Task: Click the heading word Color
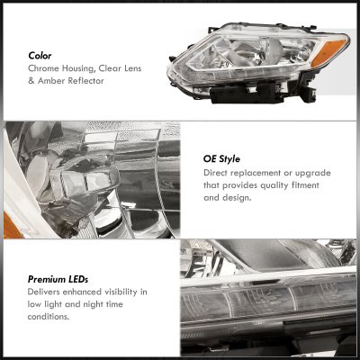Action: [40, 56]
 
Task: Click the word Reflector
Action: [85, 81]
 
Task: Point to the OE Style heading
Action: [221, 159]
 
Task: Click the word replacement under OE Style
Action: [255, 173]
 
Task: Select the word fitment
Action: [305, 185]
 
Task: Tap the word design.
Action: [237, 198]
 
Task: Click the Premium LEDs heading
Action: [58, 280]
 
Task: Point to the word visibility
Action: [121, 292]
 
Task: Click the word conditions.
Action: [49, 317]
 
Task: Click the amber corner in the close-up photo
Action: [12, 226]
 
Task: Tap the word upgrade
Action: [313, 174]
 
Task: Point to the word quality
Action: [274, 185]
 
